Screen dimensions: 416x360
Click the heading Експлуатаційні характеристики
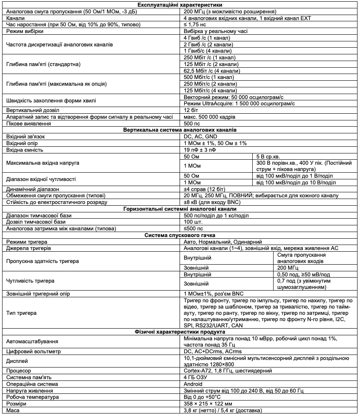(180, 5)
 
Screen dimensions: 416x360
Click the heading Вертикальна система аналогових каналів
(180, 130)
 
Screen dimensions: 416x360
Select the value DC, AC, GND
(200, 136)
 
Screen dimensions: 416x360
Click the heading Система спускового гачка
(180, 235)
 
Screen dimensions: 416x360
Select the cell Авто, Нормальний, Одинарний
(223, 242)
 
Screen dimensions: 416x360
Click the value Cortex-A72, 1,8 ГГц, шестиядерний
(228, 370)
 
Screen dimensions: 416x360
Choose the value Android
(193, 384)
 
